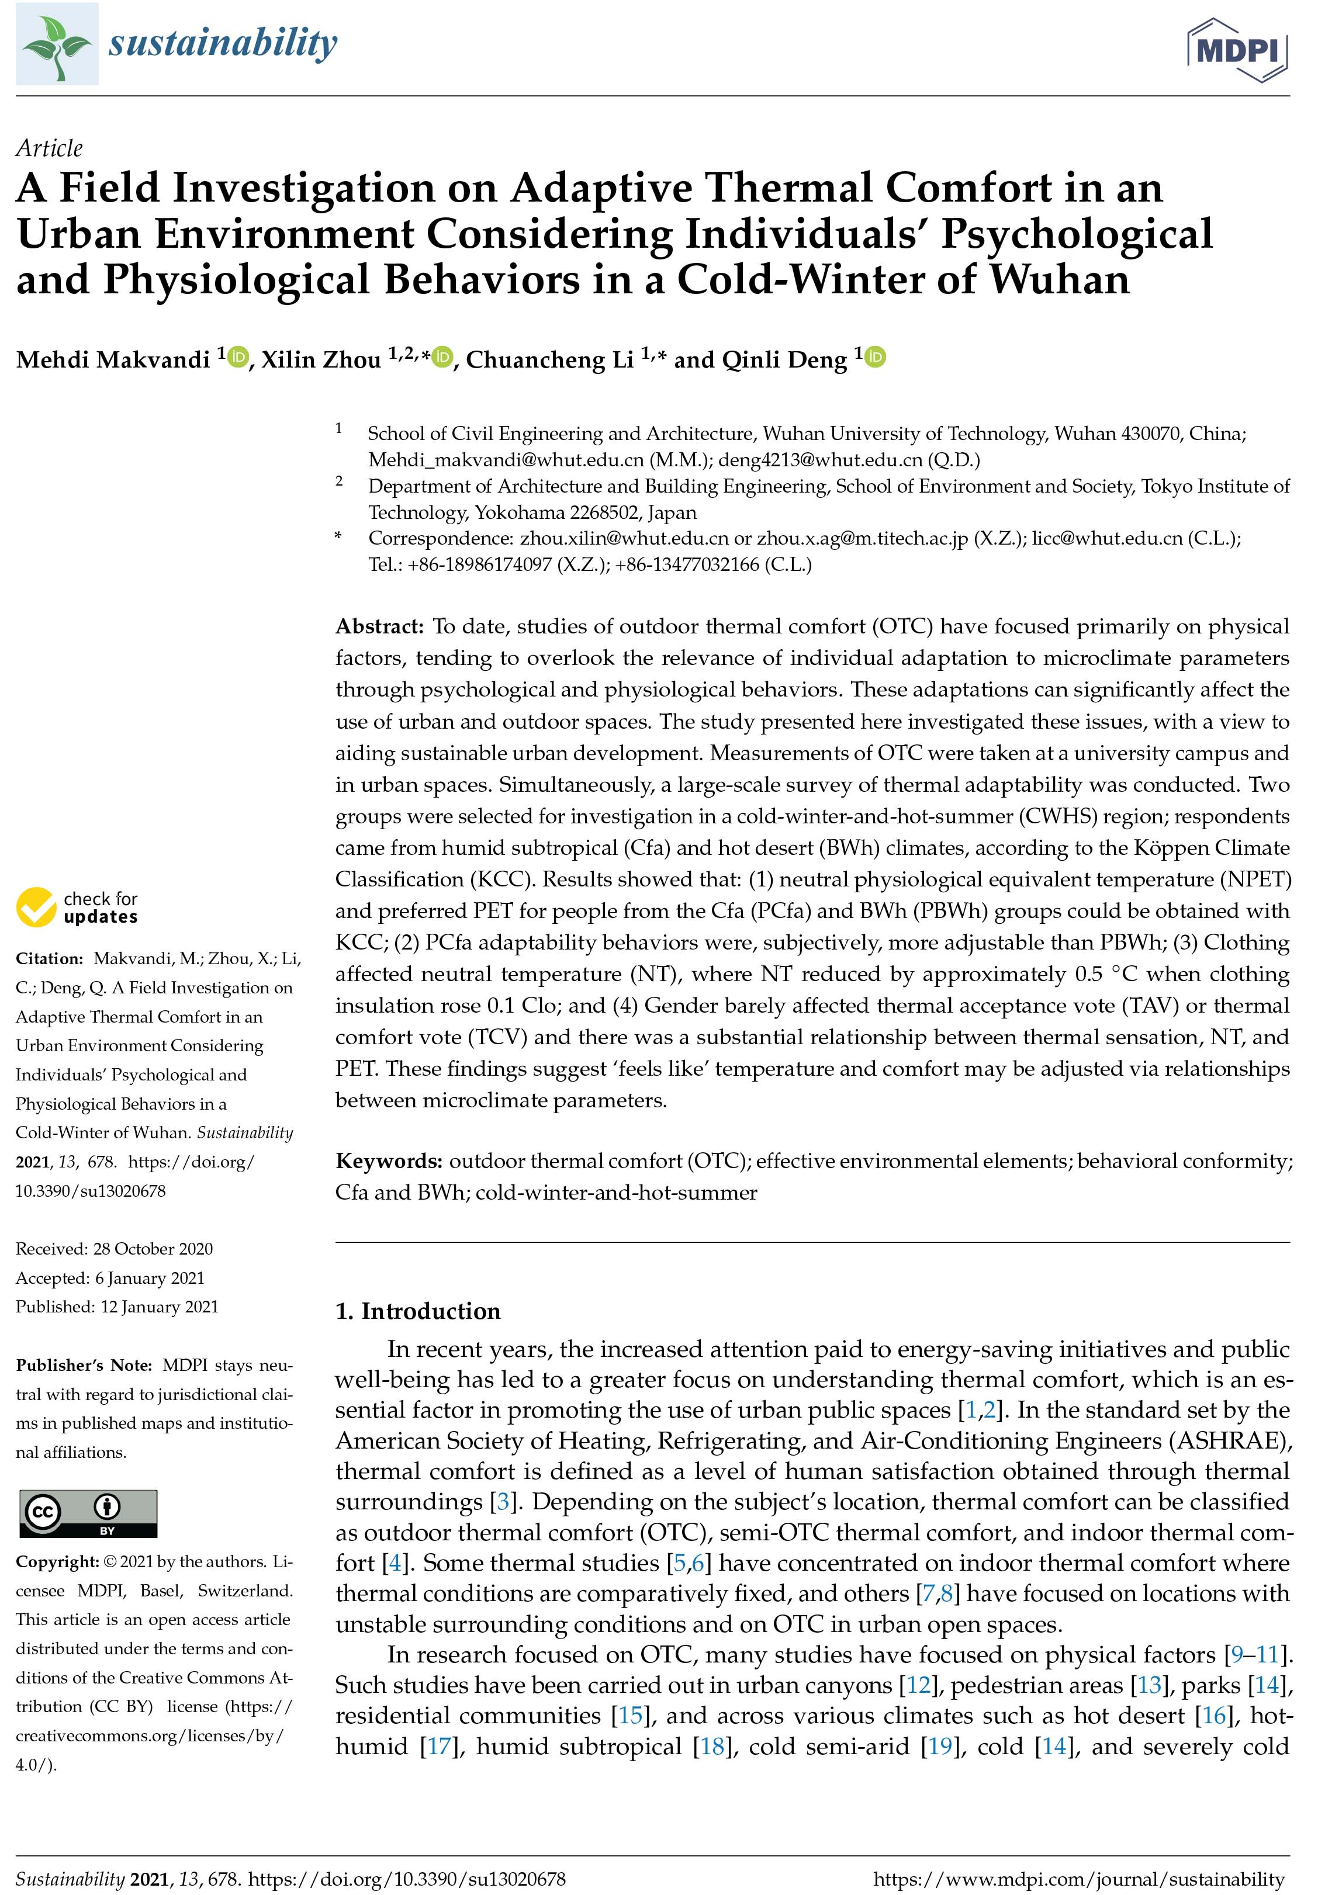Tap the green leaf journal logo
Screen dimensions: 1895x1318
[57, 44]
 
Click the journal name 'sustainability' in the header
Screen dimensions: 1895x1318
[223, 43]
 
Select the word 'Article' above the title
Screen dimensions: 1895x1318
[50, 148]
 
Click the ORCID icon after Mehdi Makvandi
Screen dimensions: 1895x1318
[238, 358]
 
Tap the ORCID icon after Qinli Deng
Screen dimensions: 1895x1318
[876, 358]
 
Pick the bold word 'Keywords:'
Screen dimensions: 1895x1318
[389, 1160]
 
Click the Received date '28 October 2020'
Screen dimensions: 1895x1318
[153, 1249]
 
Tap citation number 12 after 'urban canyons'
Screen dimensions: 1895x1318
[918, 1685]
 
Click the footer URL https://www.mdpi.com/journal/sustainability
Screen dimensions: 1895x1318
[1079, 1879]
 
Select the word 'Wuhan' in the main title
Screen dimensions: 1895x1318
[1060, 280]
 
